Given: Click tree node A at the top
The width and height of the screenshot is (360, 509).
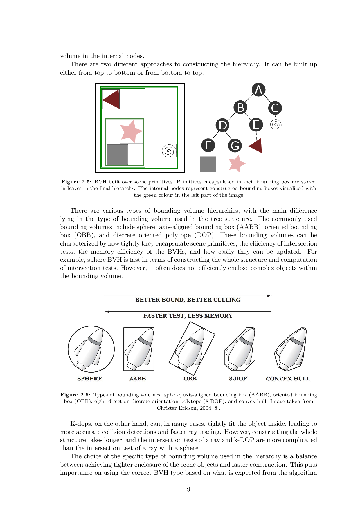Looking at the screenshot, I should (x=258, y=90).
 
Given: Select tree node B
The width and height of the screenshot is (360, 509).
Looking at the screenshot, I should (x=240, y=107).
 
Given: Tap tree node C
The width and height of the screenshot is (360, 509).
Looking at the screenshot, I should (x=275, y=108).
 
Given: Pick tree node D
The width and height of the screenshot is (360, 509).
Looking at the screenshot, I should (x=222, y=125).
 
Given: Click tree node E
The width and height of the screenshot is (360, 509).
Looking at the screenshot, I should (x=256, y=125).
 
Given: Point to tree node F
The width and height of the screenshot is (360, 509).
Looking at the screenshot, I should (x=208, y=145).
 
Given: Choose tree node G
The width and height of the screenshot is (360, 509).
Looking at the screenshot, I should (x=235, y=145).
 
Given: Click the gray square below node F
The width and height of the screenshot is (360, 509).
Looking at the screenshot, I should (x=208, y=164).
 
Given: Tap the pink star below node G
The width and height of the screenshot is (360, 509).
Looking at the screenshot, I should (x=237, y=164).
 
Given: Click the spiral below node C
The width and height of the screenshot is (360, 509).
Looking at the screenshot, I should (x=276, y=125).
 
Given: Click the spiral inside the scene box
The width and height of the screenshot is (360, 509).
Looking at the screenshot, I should (x=169, y=151).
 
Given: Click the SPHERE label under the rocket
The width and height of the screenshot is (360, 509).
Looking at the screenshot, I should (x=90, y=379).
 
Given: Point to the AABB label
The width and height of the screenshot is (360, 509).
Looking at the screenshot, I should (x=138, y=379).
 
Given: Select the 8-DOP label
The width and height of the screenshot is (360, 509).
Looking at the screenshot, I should (x=238, y=379).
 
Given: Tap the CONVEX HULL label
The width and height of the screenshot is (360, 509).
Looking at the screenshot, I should (x=288, y=379).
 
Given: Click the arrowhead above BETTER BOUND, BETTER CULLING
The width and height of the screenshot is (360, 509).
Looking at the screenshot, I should (x=269, y=296).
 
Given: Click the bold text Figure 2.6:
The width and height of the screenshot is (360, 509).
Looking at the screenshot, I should (x=75, y=395).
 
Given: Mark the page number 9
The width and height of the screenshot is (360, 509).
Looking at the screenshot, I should (x=188, y=490).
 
